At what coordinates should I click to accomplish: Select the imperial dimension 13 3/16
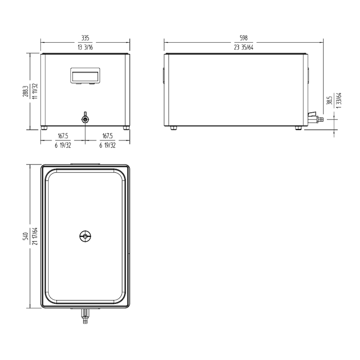click(85, 46)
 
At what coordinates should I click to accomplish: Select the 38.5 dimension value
click(329, 100)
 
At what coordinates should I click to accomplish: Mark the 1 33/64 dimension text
click(339, 100)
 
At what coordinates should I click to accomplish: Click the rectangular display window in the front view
click(85, 75)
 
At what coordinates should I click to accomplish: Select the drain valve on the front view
click(85, 119)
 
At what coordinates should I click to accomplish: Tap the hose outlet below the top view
click(85, 318)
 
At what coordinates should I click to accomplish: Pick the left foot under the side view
click(173, 128)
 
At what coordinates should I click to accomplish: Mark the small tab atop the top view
click(85, 164)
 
